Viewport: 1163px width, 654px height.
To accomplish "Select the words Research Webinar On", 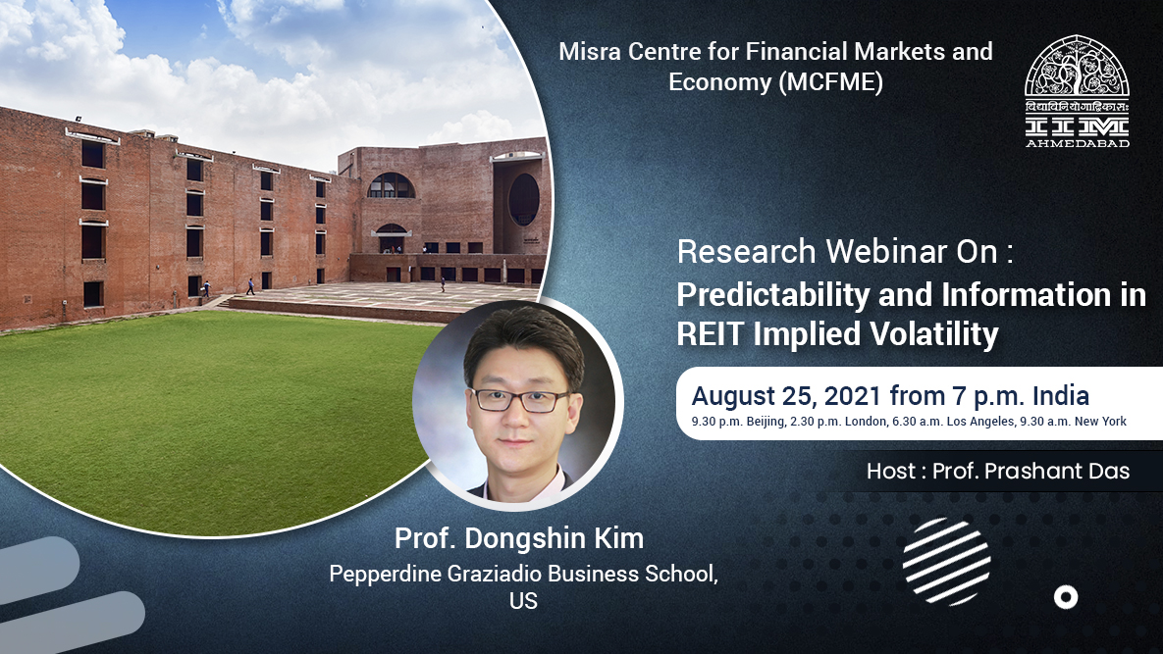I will point(844,252).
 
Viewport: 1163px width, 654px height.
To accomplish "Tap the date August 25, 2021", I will point(787,396).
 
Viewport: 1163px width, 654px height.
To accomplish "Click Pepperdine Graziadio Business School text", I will point(522,575).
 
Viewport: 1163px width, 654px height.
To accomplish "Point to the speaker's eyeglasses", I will point(519,400).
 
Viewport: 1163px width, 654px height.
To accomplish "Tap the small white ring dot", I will point(1065,597).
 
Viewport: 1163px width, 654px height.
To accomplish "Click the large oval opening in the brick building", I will point(523,200).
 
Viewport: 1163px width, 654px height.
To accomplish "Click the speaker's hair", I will point(521,339).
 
